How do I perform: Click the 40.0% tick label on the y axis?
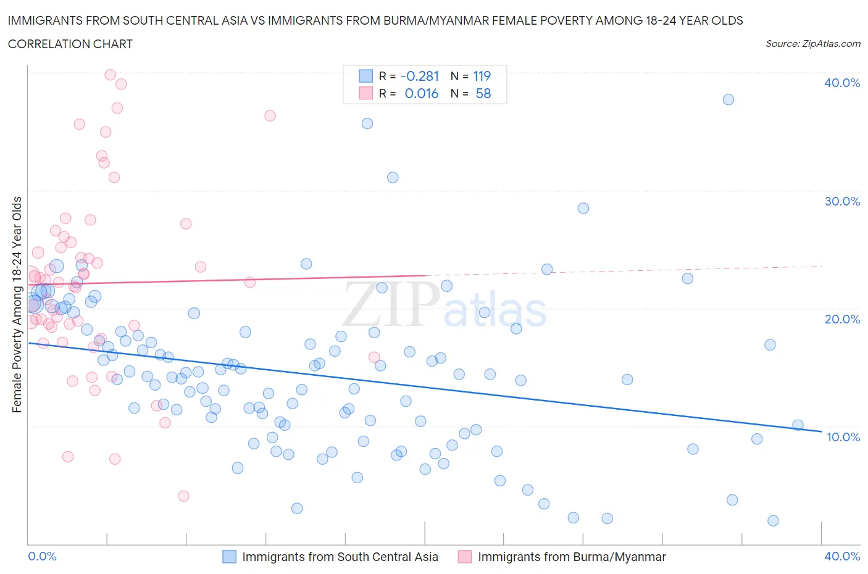click(x=842, y=83)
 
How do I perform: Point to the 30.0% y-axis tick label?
click(x=842, y=201)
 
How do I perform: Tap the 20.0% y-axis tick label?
click(x=842, y=319)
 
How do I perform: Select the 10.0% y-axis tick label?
click(x=842, y=437)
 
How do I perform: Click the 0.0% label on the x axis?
click(x=43, y=556)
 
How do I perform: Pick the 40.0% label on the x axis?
click(x=842, y=556)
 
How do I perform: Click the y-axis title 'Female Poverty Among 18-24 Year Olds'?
click(x=17, y=304)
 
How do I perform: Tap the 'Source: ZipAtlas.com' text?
click(x=812, y=43)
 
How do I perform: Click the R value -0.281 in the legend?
click(x=420, y=76)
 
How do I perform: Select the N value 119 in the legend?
click(x=482, y=76)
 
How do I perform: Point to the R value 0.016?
click(x=422, y=93)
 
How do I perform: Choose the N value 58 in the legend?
click(x=483, y=93)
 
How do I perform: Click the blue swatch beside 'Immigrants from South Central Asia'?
click(x=229, y=557)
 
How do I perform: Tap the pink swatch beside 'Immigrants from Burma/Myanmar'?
click(x=465, y=557)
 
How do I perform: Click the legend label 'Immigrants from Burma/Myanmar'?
click(x=572, y=557)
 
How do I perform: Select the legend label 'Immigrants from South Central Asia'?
click(x=340, y=557)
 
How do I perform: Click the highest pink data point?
click(x=111, y=75)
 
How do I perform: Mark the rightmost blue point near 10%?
click(x=798, y=425)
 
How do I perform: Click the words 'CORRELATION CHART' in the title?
click(x=70, y=44)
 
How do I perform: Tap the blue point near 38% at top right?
click(x=728, y=99)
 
